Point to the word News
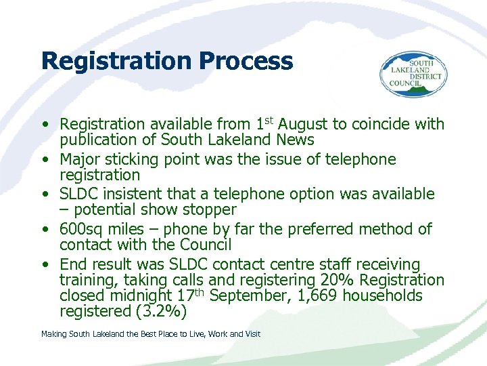tap(295, 140)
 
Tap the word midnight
tap(135, 296)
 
